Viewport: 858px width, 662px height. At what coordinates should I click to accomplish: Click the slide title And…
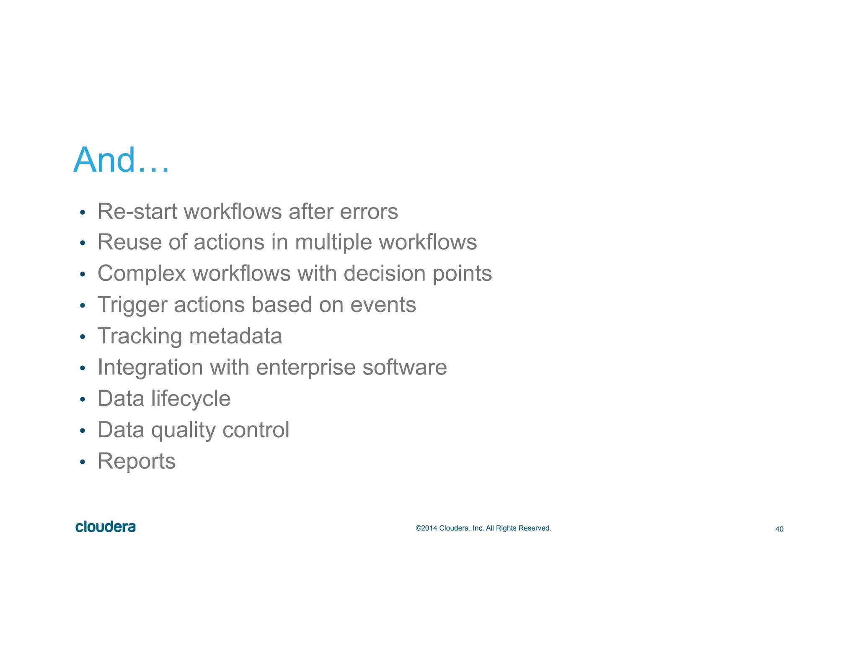121,160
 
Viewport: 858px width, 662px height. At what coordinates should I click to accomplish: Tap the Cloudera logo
106,527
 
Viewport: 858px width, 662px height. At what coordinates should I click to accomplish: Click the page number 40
779,529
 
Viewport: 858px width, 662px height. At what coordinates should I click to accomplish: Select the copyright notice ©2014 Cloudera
483,528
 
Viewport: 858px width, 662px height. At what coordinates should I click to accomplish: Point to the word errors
369,211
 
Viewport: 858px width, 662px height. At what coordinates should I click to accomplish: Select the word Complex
142,274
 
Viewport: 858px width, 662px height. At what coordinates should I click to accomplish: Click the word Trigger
132,305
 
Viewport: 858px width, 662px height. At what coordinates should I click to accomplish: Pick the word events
383,305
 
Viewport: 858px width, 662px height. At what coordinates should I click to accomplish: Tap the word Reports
137,462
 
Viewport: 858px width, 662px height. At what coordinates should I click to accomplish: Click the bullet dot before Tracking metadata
83,337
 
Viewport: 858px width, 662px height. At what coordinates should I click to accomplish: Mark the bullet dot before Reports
83,462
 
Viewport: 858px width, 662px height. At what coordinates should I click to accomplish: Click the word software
404,367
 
